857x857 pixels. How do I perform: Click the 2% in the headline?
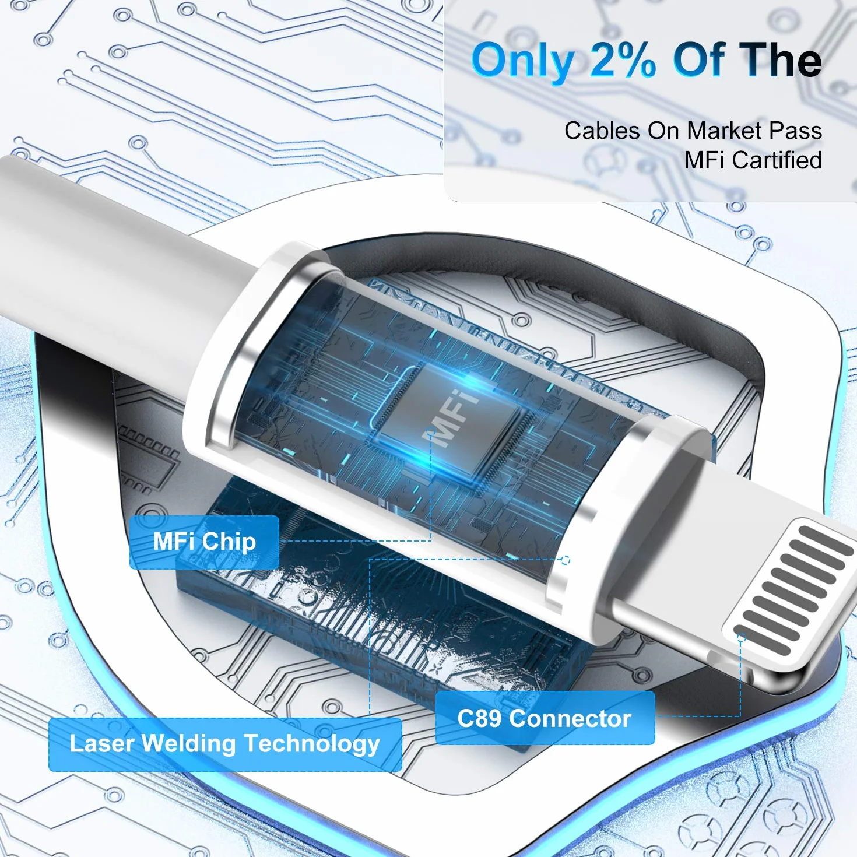coord(623,60)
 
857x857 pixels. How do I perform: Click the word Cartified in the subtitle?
coord(777,160)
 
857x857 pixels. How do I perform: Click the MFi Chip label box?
coord(204,542)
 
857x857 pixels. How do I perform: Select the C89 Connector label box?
coord(545,718)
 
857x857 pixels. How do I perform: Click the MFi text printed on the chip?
coord(450,418)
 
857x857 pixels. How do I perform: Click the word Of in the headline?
coord(700,60)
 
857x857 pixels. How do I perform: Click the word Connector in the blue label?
coord(570,719)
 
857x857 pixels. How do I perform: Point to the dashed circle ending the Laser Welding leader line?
coord(566,560)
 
